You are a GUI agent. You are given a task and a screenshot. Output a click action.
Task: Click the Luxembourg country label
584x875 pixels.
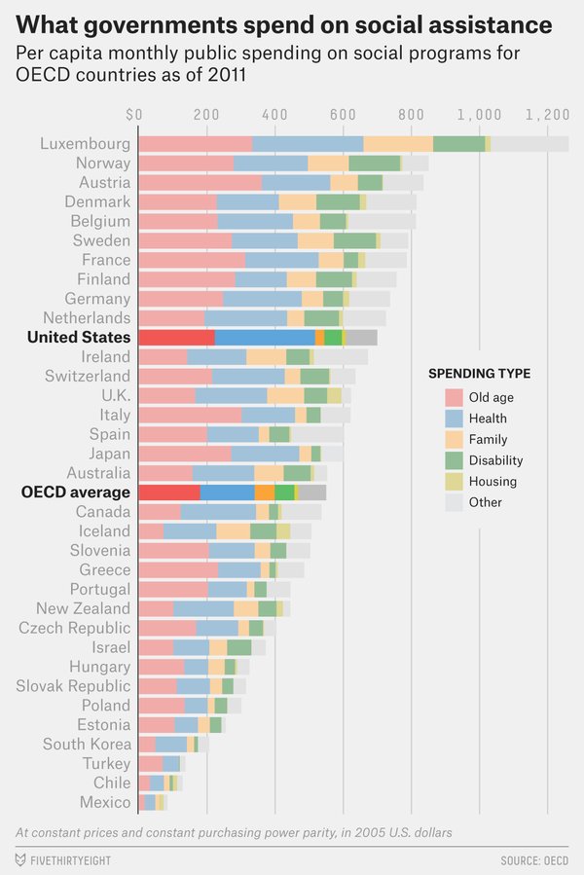coord(85,144)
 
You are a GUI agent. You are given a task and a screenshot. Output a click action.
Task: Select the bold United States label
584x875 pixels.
coord(79,337)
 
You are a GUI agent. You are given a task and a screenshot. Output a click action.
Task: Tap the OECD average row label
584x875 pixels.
coord(76,492)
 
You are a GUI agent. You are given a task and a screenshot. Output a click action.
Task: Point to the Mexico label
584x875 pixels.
coord(105,802)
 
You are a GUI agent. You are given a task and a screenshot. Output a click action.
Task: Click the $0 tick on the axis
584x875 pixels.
coord(134,115)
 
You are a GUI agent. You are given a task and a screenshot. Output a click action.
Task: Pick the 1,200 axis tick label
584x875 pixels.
coord(547,115)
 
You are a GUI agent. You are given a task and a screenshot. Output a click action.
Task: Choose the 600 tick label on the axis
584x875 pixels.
coord(343,115)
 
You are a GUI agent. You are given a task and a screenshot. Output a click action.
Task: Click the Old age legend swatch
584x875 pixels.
coord(454,397)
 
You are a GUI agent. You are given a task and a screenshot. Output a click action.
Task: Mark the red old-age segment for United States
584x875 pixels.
coord(176,337)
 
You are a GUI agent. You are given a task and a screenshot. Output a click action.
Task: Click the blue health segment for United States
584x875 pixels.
coord(264,337)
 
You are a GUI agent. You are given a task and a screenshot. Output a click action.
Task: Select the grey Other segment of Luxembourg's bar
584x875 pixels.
coord(529,144)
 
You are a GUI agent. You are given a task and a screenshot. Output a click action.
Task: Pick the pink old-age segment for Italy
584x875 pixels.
coord(190,415)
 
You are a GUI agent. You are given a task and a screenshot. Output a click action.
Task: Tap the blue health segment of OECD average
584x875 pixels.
coord(227,492)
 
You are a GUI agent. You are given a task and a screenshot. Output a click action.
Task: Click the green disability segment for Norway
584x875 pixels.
coord(374,164)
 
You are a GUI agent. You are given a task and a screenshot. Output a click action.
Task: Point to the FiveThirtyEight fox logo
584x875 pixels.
coord(20,860)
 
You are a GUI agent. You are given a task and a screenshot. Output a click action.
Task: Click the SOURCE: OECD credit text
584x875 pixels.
coord(534,860)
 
